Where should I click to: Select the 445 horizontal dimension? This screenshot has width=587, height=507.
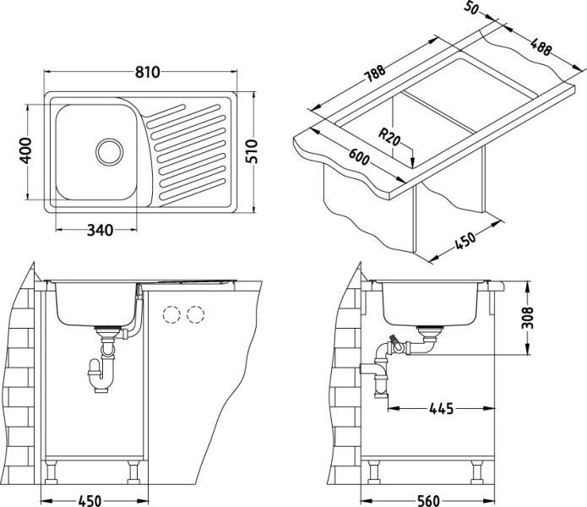tap(439, 408)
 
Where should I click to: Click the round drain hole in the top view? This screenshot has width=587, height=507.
tap(108, 151)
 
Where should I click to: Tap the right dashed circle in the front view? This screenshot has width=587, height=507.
tap(197, 314)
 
